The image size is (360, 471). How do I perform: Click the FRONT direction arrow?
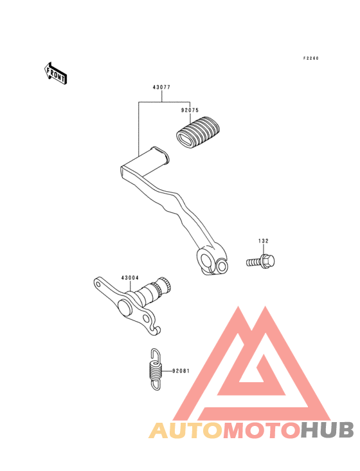coord(55,73)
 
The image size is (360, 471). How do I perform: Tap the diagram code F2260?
coord(310,59)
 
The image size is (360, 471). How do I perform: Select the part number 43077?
coord(161,88)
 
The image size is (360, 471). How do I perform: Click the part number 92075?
coord(190,110)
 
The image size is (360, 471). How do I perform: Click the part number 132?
coord(264,241)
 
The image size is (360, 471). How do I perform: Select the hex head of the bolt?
coord(268,261)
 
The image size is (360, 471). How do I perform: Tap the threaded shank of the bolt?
coord(254,263)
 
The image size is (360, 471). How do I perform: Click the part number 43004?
coord(130,278)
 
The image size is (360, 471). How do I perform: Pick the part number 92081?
coord(181,371)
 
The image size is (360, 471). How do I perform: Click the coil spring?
coord(156,369)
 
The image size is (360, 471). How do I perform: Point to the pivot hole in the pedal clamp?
coord(207,261)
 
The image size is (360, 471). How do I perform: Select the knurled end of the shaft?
coord(163,286)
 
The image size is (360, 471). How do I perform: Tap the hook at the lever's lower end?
coord(156,330)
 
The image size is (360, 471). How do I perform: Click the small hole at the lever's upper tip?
coord(98,284)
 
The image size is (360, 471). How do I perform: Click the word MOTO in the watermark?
coord(262,430)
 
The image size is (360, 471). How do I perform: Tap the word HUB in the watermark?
coord(327,430)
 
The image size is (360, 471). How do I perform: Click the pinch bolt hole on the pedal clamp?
coord(222,266)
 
